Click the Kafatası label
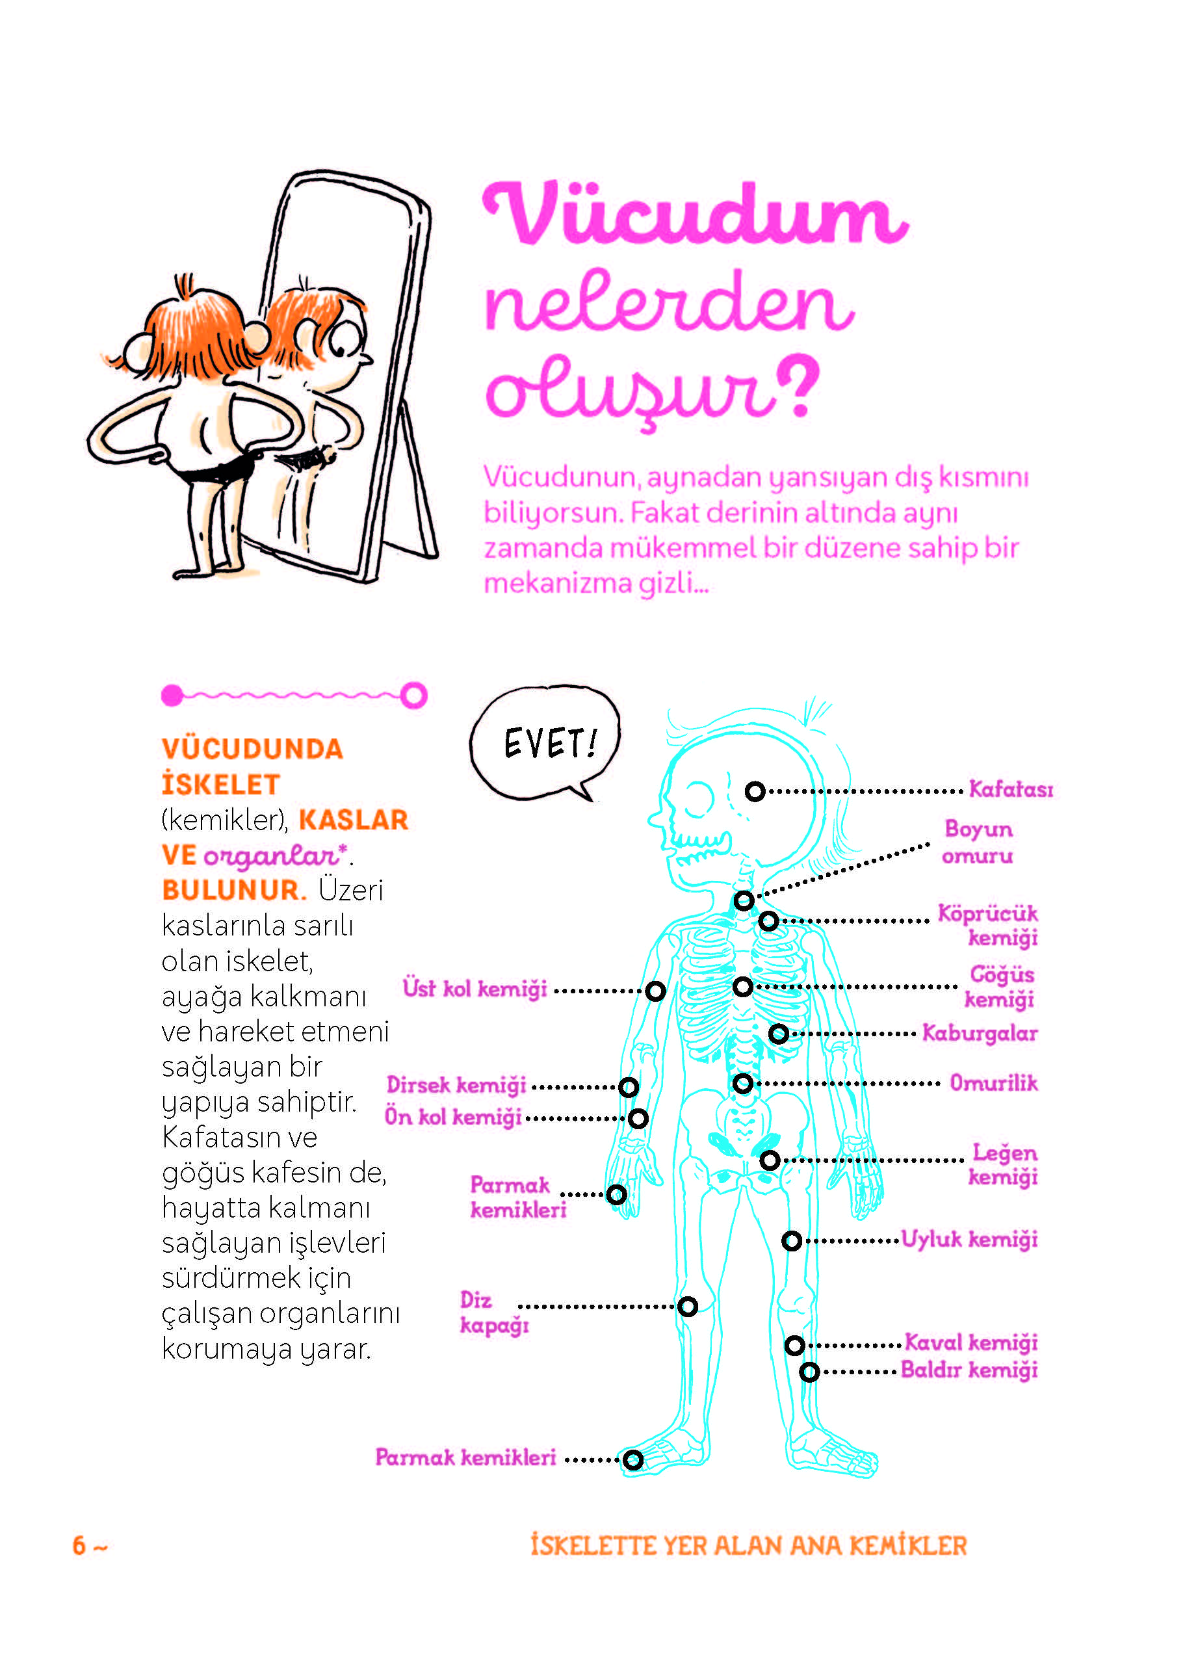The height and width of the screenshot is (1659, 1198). pos(1011,789)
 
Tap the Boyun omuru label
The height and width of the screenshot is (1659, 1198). pos(978,842)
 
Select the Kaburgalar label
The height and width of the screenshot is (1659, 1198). pos(980,1033)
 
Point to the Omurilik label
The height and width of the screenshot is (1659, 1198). pos(993,1082)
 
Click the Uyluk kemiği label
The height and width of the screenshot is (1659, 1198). pos(969,1240)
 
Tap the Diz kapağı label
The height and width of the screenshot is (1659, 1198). pos(493,1313)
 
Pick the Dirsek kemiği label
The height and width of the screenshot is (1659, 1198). pos(456,1085)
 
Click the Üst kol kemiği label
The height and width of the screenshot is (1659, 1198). pos(475,988)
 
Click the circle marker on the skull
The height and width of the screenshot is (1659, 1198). pos(755,790)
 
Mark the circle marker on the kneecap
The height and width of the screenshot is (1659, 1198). pos(688,1307)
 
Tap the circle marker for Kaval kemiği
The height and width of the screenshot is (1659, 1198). pos(795,1345)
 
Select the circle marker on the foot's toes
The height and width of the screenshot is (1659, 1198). pos(633,1460)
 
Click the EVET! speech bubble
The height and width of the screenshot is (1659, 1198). pos(545,743)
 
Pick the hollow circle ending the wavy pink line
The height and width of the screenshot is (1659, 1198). pos(413,695)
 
